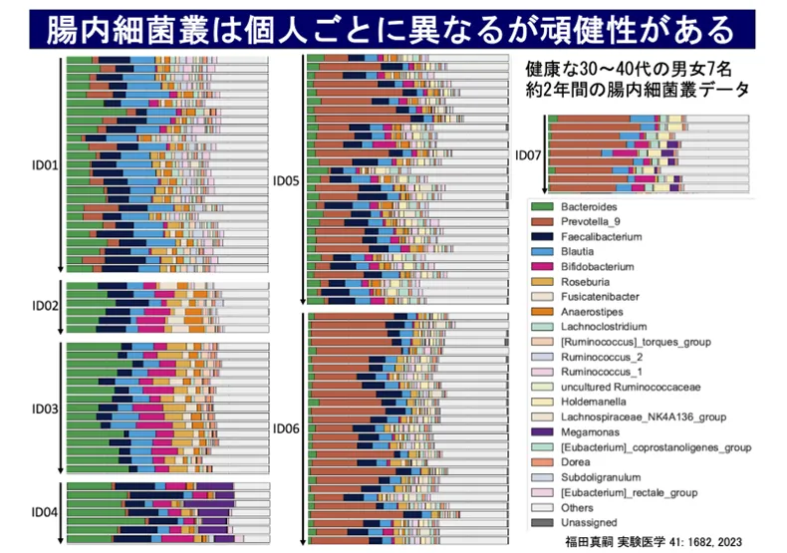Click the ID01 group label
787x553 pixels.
tap(46, 163)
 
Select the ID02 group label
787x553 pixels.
tap(46, 305)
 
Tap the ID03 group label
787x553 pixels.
tap(46, 409)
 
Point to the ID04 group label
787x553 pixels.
tap(46, 512)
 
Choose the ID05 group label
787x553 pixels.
tap(287, 180)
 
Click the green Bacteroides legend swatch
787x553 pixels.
tap(540, 205)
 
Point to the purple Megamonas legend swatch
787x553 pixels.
tap(540, 431)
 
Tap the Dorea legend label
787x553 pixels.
tap(575, 461)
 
